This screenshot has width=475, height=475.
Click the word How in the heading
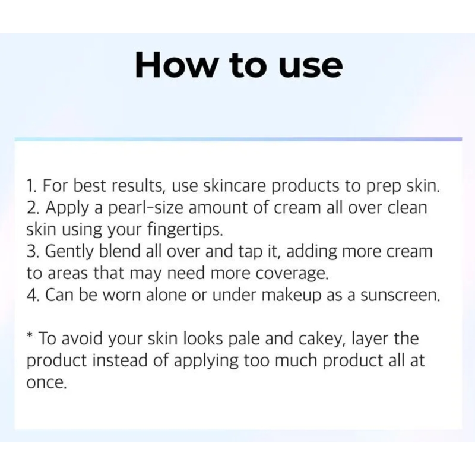175,65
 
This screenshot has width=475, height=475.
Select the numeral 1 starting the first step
30,186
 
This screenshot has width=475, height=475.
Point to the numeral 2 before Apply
31,208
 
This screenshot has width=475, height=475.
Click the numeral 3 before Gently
31,251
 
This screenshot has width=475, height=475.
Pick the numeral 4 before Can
31,295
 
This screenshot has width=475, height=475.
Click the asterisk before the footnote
30,335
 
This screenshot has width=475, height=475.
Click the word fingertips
185,230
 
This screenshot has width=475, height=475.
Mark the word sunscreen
400,296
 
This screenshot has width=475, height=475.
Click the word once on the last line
46,383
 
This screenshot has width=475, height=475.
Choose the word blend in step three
121,251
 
